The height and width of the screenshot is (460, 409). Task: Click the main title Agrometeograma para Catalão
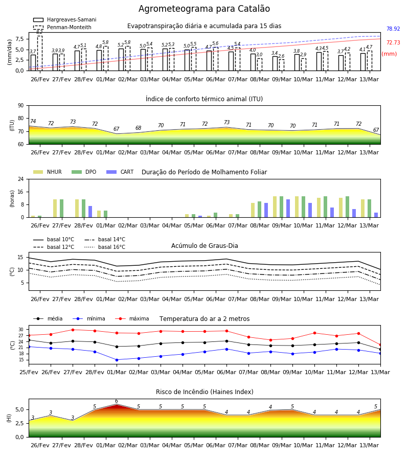pos(204,9)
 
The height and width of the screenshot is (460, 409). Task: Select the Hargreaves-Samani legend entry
pos(65,19)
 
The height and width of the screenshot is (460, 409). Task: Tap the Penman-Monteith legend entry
pos(62,27)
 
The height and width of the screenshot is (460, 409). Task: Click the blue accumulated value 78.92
pos(393,29)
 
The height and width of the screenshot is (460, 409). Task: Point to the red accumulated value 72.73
pos(393,42)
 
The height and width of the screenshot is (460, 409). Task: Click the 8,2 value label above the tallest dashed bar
pos(39,32)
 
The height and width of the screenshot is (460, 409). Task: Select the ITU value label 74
pos(33,121)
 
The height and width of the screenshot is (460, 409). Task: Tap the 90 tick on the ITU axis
pos(21,106)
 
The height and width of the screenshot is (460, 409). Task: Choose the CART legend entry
pos(120,172)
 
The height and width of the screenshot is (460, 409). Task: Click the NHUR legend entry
pos(48,172)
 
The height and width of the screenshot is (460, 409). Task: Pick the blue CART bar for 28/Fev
pos(90,212)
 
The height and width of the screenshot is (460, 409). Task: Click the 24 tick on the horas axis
pos(21,179)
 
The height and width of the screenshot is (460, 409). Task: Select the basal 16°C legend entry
pos(105,247)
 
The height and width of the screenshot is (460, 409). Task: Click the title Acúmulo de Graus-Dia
pos(204,245)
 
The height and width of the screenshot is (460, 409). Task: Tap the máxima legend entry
pos(132,318)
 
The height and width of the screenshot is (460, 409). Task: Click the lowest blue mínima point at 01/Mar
pos(117,360)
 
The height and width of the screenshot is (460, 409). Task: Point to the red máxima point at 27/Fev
pos(73,330)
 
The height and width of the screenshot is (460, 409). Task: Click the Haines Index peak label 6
pos(117,401)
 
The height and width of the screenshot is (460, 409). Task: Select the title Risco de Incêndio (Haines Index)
pos(204,392)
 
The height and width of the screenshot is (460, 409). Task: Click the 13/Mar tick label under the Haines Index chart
pos(369,445)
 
